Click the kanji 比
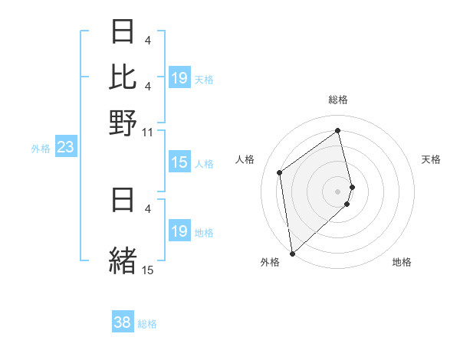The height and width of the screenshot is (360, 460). click(x=123, y=76)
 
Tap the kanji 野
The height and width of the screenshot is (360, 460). click(x=123, y=122)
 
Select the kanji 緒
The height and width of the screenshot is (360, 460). click(x=123, y=260)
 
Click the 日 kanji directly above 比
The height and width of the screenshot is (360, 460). click(x=123, y=31)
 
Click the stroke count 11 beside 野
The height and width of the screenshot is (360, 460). click(x=147, y=133)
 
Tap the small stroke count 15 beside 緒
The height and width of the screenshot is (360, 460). click(x=147, y=270)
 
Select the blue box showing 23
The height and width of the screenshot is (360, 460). click(x=65, y=147)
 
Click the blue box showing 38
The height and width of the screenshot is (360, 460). click(x=122, y=323)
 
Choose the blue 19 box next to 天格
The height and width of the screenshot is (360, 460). click(x=179, y=78)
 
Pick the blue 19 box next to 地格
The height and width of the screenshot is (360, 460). click(x=179, y=231)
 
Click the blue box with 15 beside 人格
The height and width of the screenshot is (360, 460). click(x=179, y=162)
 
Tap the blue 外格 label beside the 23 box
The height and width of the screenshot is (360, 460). click(x=41, y=149)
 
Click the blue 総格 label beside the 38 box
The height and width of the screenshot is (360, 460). click(x=147, y=324)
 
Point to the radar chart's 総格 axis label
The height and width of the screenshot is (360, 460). click(x=338, y=100)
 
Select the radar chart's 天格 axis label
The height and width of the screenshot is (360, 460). click(x=432, y=159)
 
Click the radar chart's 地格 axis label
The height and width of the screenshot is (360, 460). click(x=402, y=263)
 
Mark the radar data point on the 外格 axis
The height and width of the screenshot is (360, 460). click(x=292, y=253)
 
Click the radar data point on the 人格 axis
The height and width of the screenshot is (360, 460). click(x=280, y=172)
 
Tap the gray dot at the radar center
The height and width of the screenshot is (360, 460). click(x=338, y=190)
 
